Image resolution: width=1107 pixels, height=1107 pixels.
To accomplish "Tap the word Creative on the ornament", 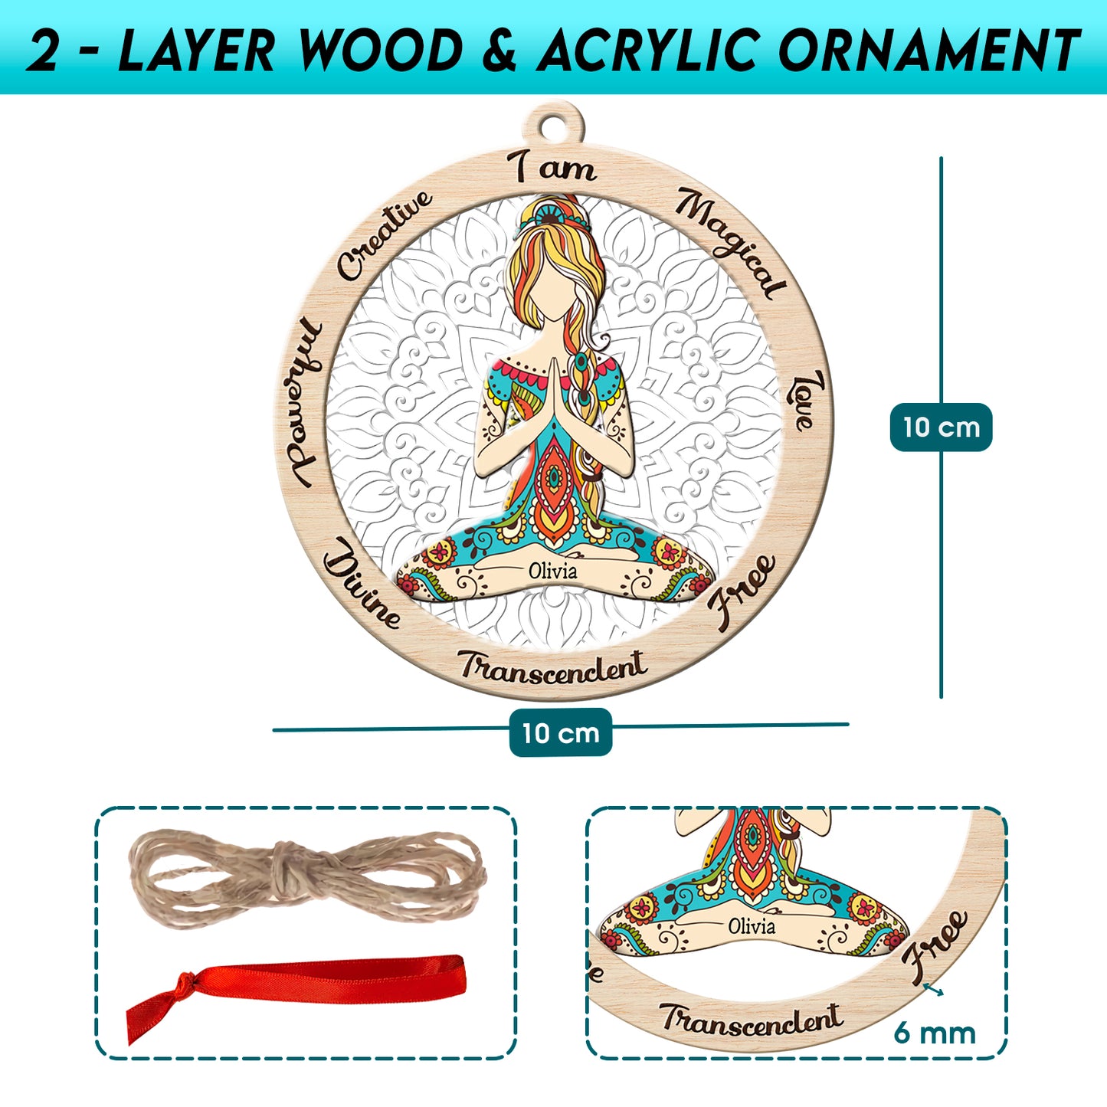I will [x=385, y=235].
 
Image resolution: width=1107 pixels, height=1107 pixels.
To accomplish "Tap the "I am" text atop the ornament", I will [x=554, y=168].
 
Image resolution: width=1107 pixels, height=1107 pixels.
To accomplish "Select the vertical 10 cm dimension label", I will [x=941, y=427].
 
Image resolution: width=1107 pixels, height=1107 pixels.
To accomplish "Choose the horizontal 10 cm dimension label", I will [x=561, y=732].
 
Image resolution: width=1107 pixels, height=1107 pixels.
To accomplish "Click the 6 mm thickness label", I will [x=935, y=1033].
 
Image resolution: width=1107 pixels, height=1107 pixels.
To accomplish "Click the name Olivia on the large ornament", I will [x=553, y=571].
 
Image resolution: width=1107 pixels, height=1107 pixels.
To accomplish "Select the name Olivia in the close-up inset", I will [x=751, y=926].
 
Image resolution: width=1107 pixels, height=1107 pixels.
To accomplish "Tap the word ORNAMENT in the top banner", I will [x=929, y=51].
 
